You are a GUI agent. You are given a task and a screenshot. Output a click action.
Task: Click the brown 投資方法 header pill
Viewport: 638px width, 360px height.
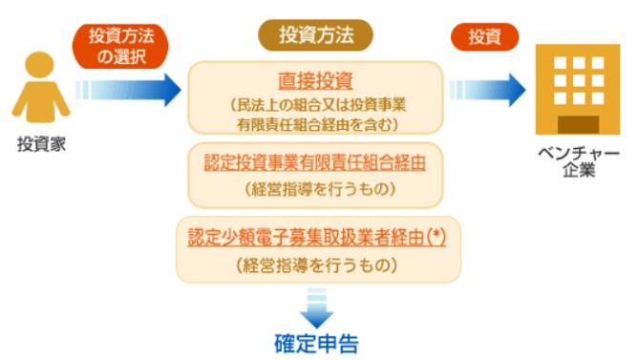315,36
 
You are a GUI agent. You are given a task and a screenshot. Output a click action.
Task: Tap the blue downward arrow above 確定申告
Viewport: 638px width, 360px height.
315,308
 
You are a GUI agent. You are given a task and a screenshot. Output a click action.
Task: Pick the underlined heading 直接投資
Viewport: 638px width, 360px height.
315,81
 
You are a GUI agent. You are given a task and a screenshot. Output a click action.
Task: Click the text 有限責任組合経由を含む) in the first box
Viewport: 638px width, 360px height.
315,122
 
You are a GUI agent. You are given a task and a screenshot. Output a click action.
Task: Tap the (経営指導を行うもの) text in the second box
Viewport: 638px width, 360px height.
315,188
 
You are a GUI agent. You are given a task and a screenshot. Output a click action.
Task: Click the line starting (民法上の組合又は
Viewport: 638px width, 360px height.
315,103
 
